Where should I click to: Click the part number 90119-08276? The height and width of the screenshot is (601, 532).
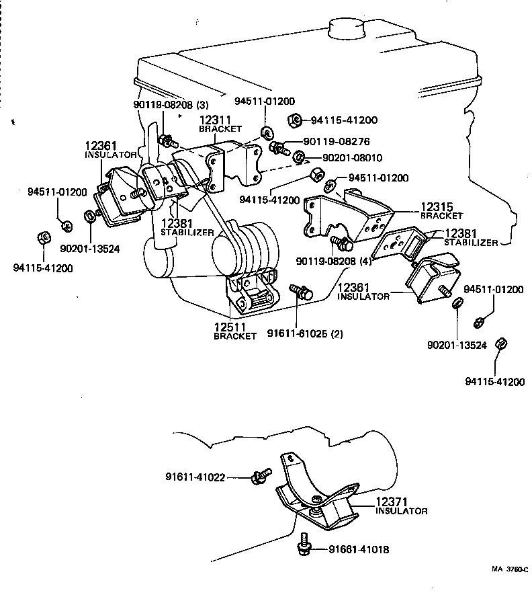(x=337, y=142)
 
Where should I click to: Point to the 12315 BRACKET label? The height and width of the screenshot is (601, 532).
(x=441, y=211)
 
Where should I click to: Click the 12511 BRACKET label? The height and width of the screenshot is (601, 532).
(x=234, y=331)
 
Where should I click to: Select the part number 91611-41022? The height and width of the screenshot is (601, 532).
(x=195, y=477)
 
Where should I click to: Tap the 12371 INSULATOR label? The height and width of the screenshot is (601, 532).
(x=401, y=506)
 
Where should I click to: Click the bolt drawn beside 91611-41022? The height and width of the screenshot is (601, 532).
(x=260, y=476)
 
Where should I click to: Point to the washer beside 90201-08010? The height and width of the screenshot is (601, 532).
(x=300, y=158)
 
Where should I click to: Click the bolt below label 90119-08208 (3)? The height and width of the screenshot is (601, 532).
(x=165, y=141)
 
